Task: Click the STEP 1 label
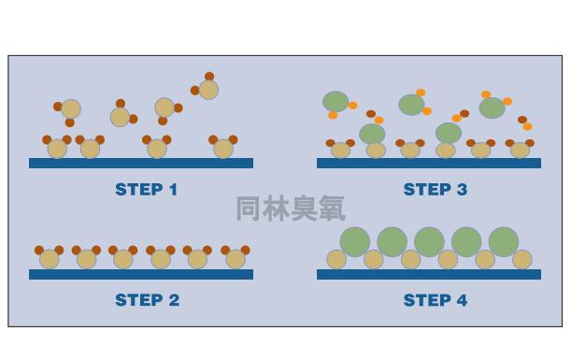click(x=146, y=190)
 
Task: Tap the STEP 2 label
click(x=146, y=300)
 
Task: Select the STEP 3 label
click(x=435, y=190)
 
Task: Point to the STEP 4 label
click(x=435, y=300)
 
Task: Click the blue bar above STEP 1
click(x=140, y=163)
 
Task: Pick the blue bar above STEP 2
click(x=140, y=274)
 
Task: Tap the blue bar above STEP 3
click(x=428, y=163)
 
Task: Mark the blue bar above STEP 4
click(x=428, y=274)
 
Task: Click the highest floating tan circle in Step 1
click(x=208, y=89)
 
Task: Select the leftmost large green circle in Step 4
click(x=355, y=241)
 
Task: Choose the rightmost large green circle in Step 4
click(x=503, y=241)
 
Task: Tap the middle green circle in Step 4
click(x=429, y=241)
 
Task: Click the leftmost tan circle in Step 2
click(x=49, y=259)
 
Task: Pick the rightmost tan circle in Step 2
click(x=234, y=259)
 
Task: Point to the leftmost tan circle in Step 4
click(x=336, y=259)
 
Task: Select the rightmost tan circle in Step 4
click(x=522, y=259)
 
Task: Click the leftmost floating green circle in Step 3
click(x=336, y=101)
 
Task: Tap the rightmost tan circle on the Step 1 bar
click(x=222, y=149)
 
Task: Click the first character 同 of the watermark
click(x=249, y=208)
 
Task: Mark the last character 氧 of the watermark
click(x=331, y=208)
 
